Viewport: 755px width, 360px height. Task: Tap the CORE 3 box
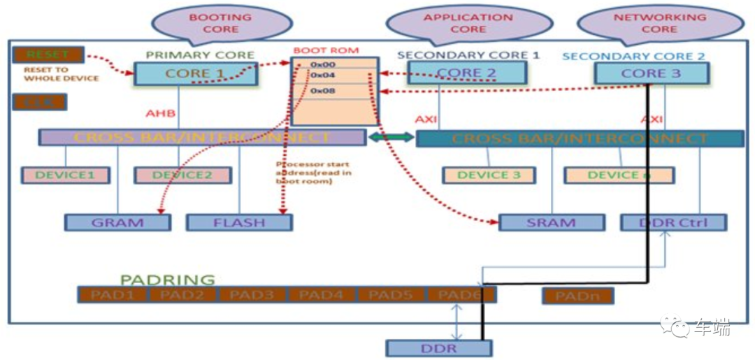point(651,73)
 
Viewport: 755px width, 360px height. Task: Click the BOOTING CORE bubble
point(221,23)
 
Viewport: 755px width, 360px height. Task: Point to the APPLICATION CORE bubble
point(468,23)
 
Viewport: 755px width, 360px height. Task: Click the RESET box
point(48,55)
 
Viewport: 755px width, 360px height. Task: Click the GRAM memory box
point(117,223)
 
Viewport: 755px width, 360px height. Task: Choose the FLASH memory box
point(239,223)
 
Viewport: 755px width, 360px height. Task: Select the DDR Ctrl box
point(673,223)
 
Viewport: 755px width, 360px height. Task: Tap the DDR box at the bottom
point(439,348)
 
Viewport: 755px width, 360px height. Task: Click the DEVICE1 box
point(66,175)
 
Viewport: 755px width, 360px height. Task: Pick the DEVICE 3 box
point(489,175)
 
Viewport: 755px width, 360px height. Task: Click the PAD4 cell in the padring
point(322,295)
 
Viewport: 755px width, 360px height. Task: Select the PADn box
point(577,296)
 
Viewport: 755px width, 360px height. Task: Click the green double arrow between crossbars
point(390,138)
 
